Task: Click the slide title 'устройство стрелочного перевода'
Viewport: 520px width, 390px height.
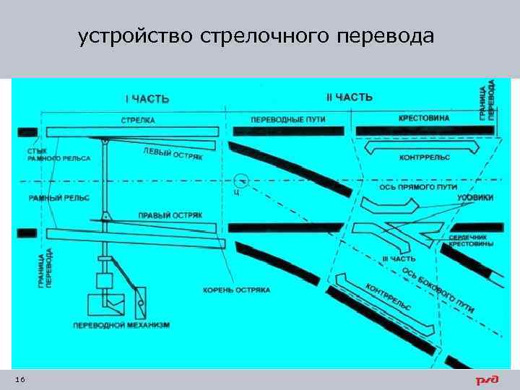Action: click(256, 37)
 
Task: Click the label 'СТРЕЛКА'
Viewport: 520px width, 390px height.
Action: click(139, 119)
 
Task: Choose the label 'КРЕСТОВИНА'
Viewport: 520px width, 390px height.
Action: click(424, 118)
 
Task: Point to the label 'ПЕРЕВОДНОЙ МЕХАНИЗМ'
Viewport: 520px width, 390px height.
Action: click(121, 326)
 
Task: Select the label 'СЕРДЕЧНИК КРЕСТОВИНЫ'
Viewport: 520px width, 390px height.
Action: click(471, 240)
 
